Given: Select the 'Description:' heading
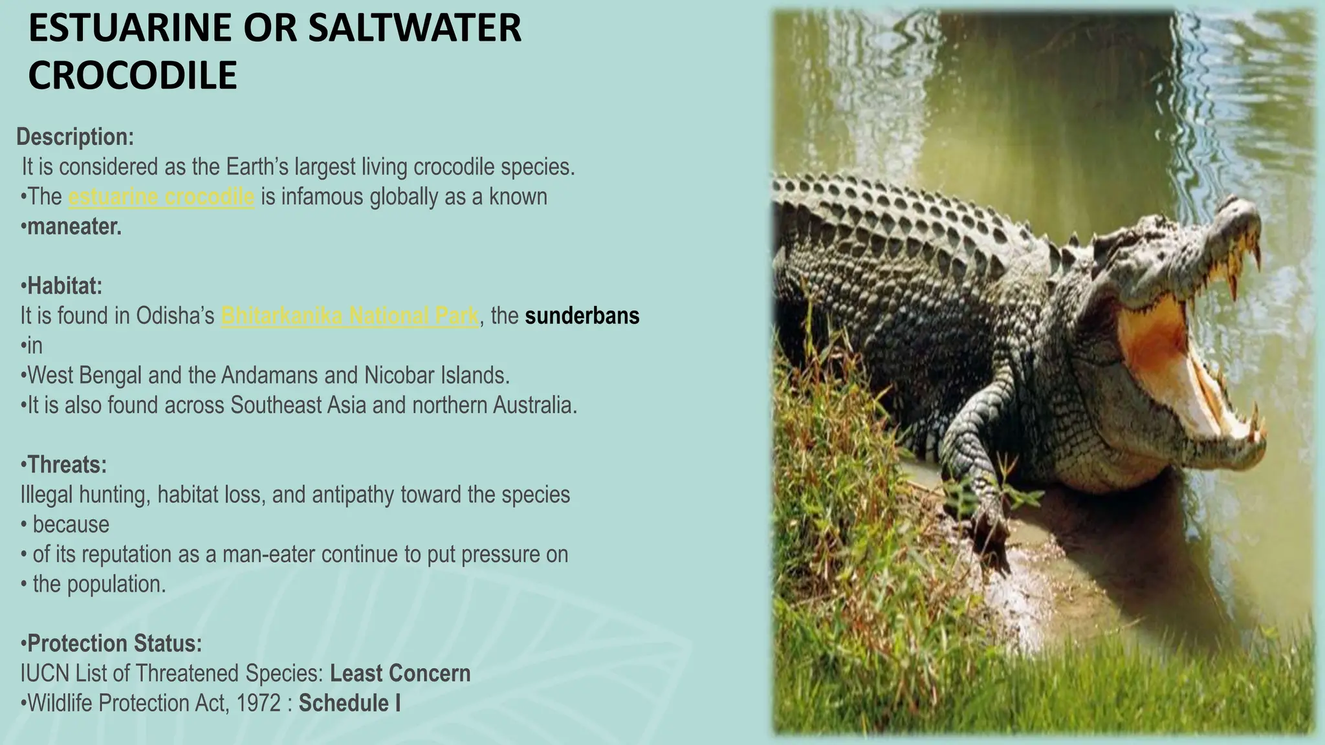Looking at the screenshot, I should tap(75, 137).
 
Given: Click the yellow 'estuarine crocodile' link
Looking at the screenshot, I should tap(161, 197).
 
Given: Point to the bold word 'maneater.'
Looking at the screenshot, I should tap(74, 227).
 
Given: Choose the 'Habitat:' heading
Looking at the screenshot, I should tap(65, 285).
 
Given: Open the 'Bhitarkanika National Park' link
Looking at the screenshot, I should tap(350, 316).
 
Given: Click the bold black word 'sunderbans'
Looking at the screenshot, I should tap(582, 316).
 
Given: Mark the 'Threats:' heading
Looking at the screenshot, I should tap(67, 464).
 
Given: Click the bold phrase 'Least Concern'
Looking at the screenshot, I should tap(400, 673).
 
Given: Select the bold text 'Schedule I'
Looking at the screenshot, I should tap(350, 703).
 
